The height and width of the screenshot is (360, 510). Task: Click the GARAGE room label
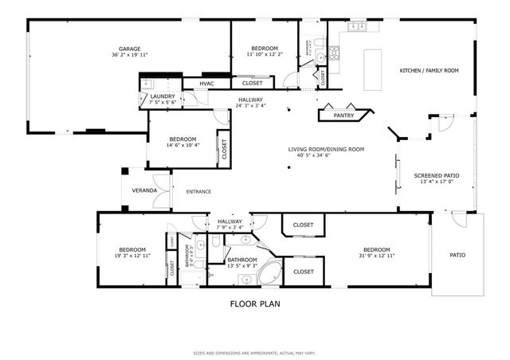(130, 49)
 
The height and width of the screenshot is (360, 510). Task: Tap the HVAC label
(206, 83)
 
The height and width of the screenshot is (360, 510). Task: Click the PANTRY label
(343, 115)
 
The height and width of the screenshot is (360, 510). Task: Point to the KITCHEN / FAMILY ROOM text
(429, 71)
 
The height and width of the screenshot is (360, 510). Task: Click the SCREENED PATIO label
(436, 175)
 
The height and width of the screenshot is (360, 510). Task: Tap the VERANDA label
(144, 191)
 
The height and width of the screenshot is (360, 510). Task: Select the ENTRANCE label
(198, 191)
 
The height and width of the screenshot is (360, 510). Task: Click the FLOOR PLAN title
(254, 303)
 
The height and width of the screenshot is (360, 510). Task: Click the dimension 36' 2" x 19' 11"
(130, 55)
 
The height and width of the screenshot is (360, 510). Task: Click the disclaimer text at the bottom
(254, 352)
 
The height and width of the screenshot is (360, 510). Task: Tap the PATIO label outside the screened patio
(457, 255)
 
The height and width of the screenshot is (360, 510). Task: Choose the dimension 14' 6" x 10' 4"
(182, 145)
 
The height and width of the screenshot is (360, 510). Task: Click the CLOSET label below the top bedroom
(253, 83)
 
